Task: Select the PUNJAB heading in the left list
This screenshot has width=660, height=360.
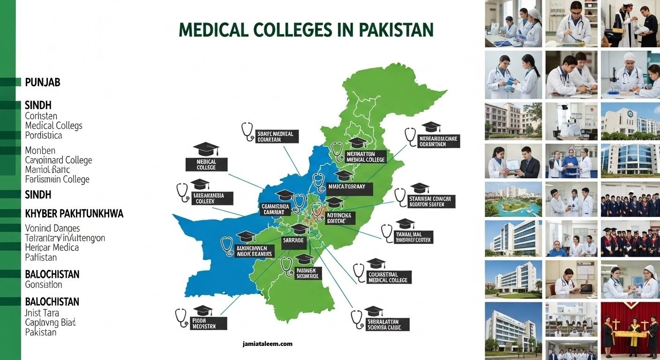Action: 42,83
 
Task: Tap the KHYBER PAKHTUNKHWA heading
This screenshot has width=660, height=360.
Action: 74,214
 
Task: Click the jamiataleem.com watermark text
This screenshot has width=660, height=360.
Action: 268,344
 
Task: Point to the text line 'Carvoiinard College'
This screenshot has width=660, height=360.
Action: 59,160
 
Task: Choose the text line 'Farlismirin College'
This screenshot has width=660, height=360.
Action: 57,180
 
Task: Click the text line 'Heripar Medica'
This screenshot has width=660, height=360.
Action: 52,247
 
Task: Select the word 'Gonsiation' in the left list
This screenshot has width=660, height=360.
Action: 44,285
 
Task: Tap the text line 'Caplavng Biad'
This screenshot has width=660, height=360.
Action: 50,322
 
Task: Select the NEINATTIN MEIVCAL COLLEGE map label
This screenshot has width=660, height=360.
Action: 365,157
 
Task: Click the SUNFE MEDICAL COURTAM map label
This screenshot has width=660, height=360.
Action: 276,136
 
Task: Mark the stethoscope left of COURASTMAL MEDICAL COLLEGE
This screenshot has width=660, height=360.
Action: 359,272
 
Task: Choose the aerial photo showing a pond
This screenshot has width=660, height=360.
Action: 513,199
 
